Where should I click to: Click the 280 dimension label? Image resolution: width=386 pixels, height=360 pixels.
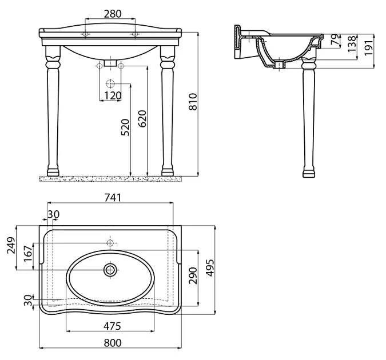click(113, 14)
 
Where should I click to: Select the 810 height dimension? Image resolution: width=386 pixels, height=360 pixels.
click(193, 102)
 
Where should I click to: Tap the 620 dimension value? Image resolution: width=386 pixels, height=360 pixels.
click(142, 119)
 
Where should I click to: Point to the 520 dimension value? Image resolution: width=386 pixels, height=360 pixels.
click(125, 127)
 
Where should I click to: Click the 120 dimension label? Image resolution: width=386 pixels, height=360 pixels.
click(113, 96)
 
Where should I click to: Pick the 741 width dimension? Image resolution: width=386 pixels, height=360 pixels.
click(113, 197)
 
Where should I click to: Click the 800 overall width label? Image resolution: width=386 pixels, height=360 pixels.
click(113, 342)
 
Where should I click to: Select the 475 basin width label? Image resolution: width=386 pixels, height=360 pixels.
click(112, 326)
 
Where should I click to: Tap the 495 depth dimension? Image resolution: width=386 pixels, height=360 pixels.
click(210, 268)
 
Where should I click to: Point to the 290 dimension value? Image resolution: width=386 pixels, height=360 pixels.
click(193, 275)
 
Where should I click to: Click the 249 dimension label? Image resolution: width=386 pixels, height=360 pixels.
click(11, 245)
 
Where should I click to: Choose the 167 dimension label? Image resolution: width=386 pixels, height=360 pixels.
click(28, 254)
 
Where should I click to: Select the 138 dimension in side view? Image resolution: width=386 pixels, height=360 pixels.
click(352, 44)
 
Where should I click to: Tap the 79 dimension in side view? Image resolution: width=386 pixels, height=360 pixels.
click(335, 39)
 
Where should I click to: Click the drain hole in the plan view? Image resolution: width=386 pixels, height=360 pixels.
click(110, 270)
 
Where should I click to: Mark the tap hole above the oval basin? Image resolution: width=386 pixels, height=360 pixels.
click(110, 243)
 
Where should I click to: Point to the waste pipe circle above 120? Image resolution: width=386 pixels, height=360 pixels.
click(110, 83)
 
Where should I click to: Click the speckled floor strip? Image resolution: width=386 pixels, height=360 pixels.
click(110, 179)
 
